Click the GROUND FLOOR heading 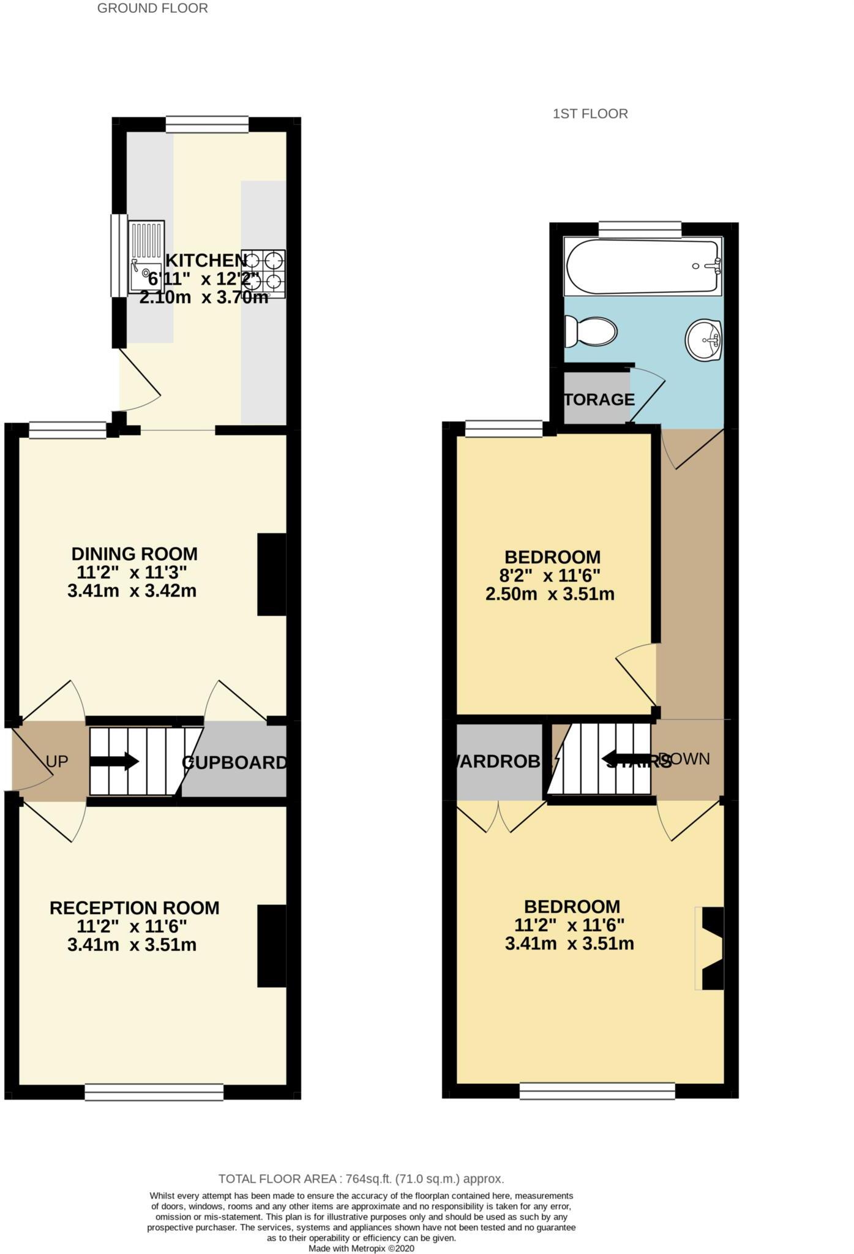[152, 9]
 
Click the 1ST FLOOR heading [590, 114]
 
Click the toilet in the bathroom [591, 331]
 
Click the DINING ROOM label [134, 554]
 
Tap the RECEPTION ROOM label [134, 908]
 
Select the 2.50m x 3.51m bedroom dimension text [549, 595]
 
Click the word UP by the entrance [57, 762]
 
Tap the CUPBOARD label [234, 763]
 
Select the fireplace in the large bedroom [711, 948]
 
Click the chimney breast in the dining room [271, 574]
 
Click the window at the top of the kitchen [207, 124]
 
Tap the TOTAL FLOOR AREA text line [361, 1179]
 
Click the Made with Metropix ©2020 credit [361, 1248]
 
